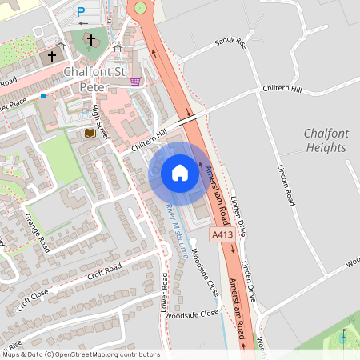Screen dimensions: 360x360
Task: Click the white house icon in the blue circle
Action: pos(180,173)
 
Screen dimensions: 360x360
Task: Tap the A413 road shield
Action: pos(223,234)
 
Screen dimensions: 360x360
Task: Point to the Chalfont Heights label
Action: pos(326,141)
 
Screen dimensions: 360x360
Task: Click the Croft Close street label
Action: pos(34,300)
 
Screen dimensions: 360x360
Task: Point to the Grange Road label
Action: pos(38,230)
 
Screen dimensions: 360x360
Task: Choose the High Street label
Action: pos(102,121)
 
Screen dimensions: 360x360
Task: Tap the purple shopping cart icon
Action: pos(136,81)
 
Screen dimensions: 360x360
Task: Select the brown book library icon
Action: pos(90,134)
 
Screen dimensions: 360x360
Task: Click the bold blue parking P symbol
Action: pos(81,11)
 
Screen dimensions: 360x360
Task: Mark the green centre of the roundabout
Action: pos(142,8)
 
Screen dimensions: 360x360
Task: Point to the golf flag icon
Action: pos(344,337)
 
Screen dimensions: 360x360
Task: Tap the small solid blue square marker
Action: pos(43,95)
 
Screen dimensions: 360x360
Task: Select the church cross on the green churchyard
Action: pos(90,38)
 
